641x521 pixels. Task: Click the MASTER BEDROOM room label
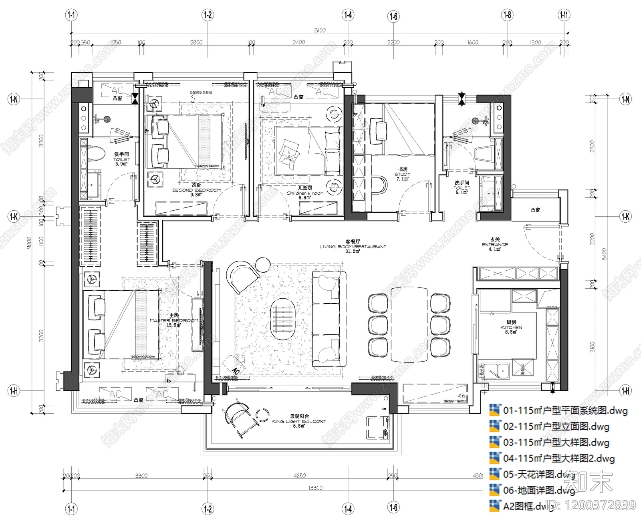pyautogui.click(x=174, y=320)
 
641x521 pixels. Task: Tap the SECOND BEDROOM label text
pyautogui.click(x=196, y=190)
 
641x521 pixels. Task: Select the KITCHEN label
pyautogui.click(x=511, y=327)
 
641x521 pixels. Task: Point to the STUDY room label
pyautogui.click(x=402, y=174)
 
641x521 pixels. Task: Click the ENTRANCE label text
pyautogui.click(x=495, y=244)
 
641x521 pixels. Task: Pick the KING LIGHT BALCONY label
pyautogui.click(x=299, y=421)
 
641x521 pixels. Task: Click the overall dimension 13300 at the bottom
pyautogui.click(x=315, y=488)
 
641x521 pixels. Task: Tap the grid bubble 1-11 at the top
pyautogui.click(x=564, y=15)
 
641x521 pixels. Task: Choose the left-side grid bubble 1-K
pyautogui.click(x=14, y=217)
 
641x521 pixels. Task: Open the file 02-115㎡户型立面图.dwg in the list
pyautogui.click(x=556, y=426)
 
